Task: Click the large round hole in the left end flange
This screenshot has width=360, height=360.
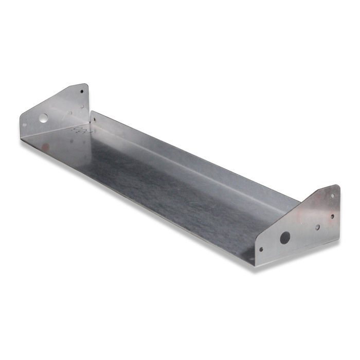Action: (43, 118)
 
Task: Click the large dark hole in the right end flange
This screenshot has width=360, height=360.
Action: (284, 238)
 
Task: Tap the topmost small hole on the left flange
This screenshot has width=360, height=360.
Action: (81, 92)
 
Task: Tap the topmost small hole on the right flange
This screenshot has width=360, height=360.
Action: (332, 195)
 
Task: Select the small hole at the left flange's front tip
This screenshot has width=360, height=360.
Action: (24, 124)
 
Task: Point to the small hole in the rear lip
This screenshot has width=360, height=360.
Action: (94, 119)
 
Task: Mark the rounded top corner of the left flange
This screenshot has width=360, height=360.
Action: (85, 85)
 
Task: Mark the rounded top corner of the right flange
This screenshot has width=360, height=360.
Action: (337, 187)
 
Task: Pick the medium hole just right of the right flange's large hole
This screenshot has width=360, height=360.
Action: (317, 227)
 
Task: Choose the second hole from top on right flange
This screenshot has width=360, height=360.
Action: (332, 216)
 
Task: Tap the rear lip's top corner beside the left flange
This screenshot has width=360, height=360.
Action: (91, 111)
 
